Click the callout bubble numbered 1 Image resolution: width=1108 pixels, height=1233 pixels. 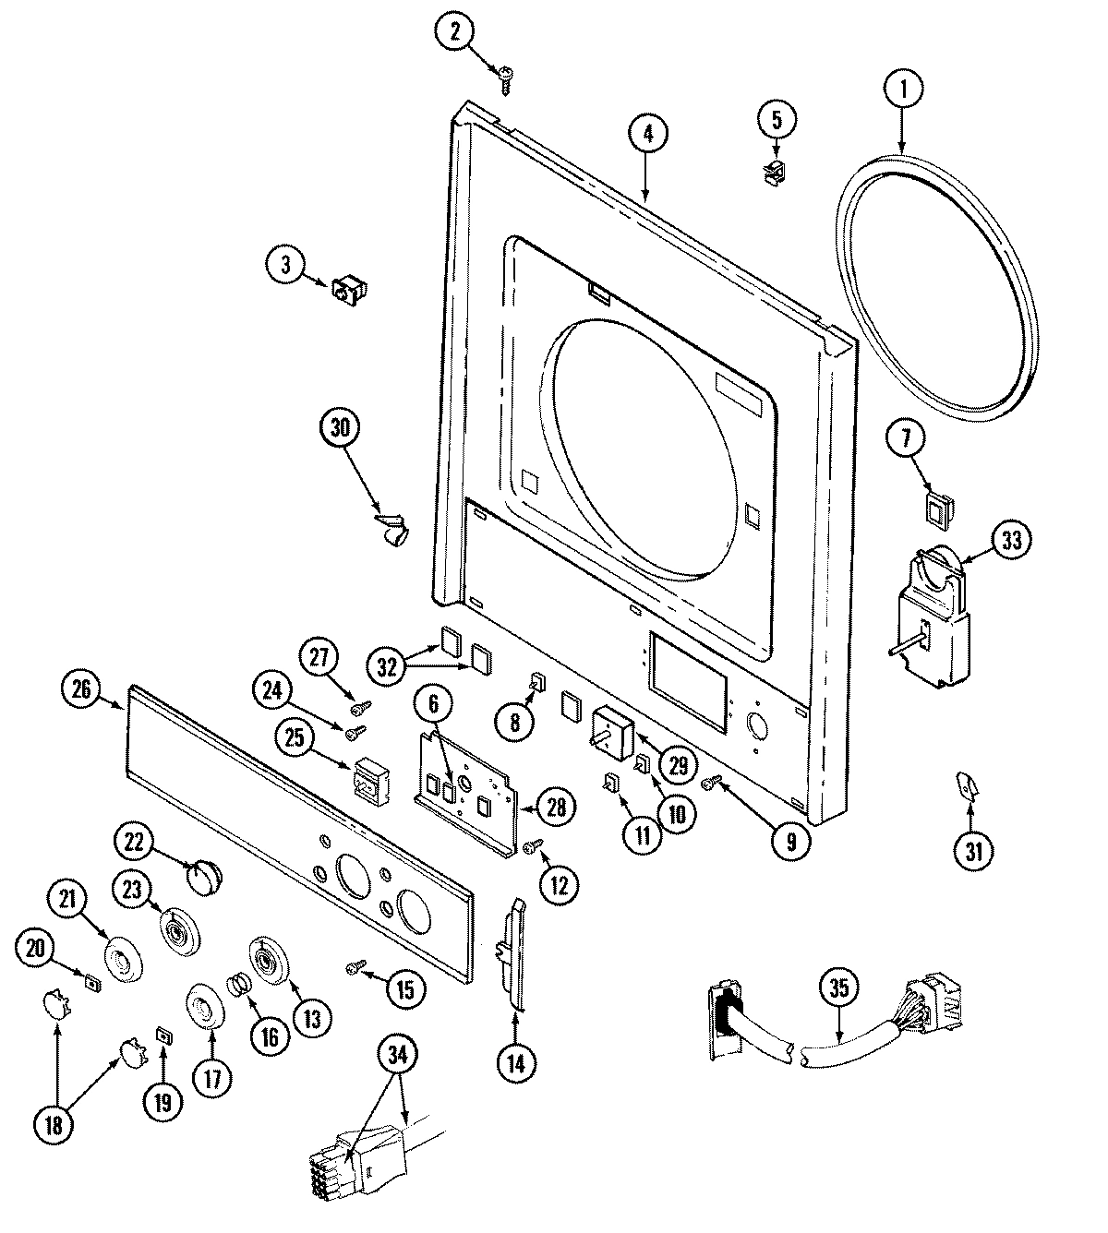tap(903, 90)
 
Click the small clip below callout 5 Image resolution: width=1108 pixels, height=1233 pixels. tap(775, 171)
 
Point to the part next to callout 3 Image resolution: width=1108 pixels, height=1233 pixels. tap(347, 290)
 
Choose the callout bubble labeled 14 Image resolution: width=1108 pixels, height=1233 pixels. tap(514, 1064)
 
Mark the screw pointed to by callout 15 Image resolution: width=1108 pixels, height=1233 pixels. tap(355, 966)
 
